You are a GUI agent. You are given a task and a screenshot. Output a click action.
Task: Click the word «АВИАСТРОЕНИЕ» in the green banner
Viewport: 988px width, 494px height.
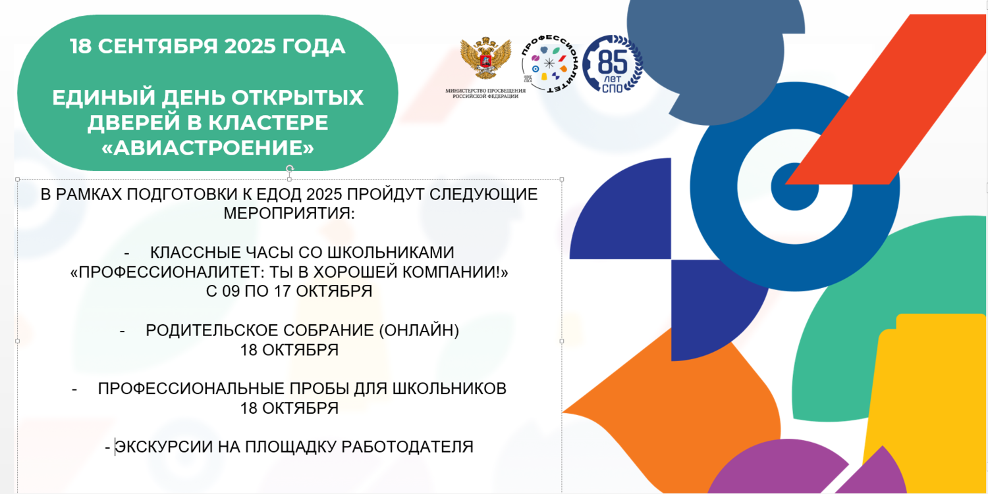pos(207,148)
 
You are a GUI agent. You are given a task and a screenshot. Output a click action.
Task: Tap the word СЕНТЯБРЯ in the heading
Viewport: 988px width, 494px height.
pos(158,46)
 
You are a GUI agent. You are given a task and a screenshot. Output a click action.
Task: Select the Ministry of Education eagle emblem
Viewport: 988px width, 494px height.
pos(485,58)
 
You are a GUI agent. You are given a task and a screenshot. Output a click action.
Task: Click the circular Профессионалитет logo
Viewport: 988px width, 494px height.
pos(549,64)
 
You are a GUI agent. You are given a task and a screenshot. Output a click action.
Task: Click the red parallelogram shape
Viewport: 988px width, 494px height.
pos(886,99)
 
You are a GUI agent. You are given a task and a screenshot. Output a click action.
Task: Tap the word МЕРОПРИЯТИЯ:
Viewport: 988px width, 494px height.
pos(289,214)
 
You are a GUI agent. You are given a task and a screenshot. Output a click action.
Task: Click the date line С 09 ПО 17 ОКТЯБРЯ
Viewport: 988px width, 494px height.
pos(289,291)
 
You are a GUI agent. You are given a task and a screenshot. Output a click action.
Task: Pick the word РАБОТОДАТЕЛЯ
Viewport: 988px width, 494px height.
pos(407,447)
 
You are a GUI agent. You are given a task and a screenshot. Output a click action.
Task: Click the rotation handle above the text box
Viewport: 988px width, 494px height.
pos(289,168)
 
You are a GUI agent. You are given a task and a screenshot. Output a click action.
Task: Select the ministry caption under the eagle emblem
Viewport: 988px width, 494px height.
pos(485,93)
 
